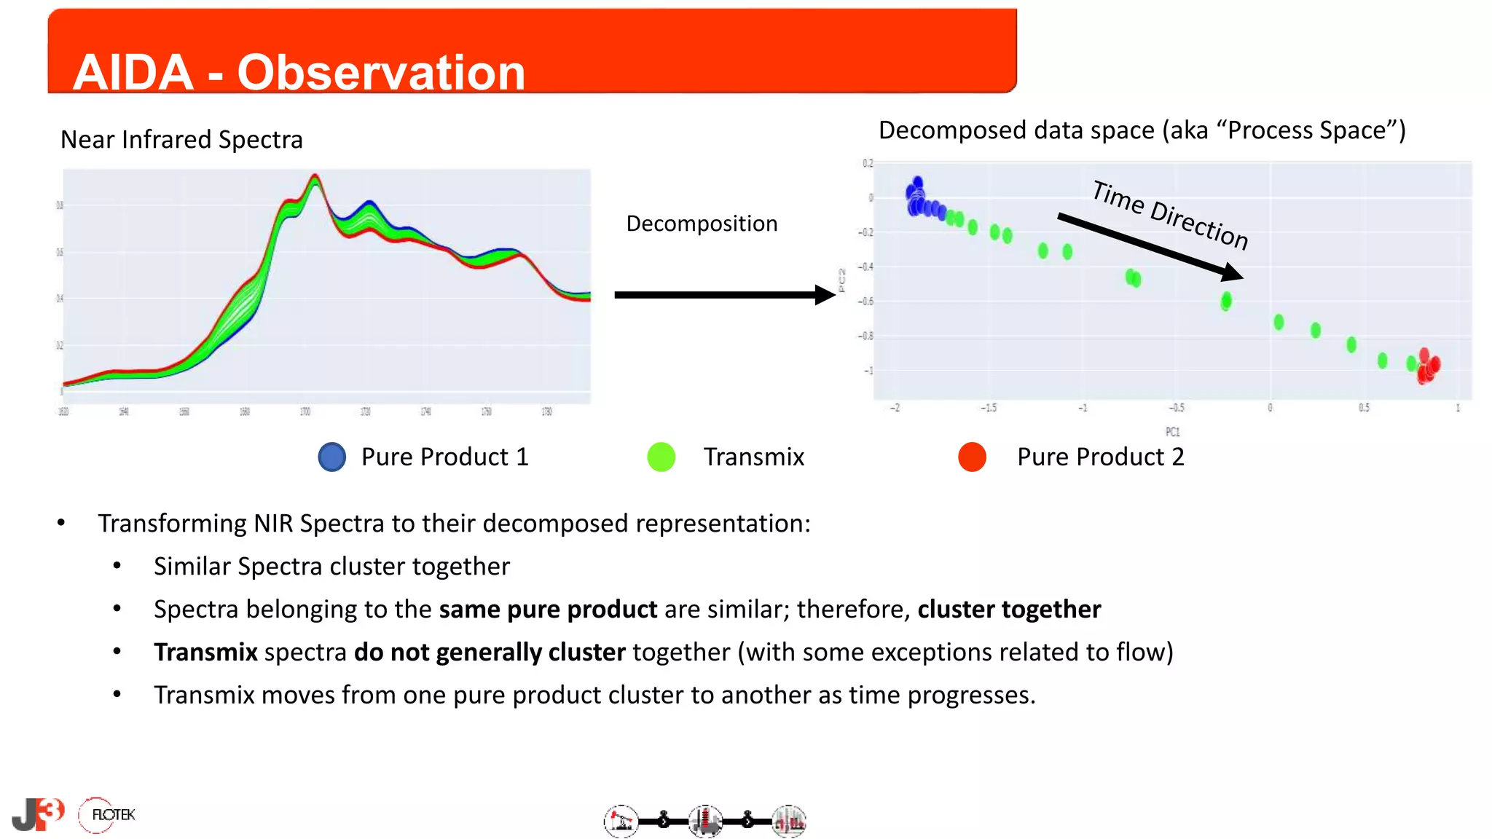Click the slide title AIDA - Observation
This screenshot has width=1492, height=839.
299,72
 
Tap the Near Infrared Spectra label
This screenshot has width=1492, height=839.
181,139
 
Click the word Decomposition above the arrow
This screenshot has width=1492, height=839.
702,224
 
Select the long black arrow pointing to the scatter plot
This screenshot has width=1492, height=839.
721,295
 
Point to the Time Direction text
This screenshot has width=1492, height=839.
1170,215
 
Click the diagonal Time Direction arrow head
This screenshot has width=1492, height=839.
1233,274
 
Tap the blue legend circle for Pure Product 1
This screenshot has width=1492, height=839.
332,457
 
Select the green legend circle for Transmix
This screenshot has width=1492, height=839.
661,457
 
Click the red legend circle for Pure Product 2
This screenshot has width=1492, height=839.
972,457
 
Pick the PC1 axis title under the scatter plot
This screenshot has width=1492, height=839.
1172,432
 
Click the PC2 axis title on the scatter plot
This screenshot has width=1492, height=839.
842,280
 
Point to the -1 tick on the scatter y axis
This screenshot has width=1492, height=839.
868,371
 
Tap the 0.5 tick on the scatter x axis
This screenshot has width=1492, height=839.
1364,408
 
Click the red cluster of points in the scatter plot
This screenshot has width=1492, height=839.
1427,366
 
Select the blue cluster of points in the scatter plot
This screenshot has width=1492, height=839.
919,200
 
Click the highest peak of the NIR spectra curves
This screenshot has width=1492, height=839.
315,177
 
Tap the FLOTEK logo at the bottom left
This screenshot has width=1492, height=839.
108,814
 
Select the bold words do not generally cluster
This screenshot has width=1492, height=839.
490,652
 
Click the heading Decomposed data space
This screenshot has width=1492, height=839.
1142,130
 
